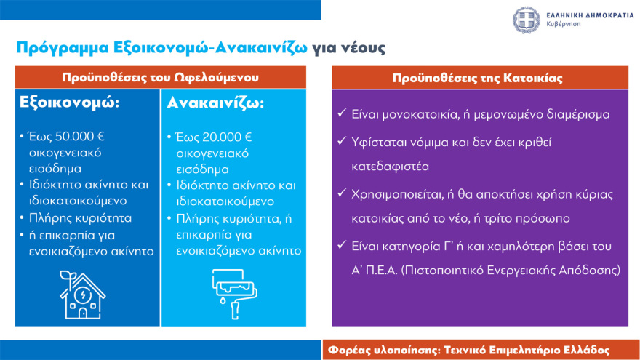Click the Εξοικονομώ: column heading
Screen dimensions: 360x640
[68, 103]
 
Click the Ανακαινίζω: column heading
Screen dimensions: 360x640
[216, 103]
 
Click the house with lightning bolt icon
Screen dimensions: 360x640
[81, 294]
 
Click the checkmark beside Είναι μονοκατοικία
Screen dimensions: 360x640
[343, 114]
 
